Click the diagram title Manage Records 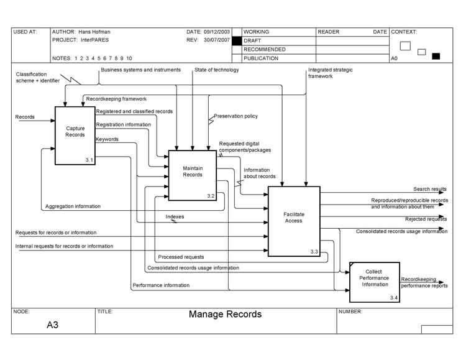pos(225,315)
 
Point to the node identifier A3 pos(52,324)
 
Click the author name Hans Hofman pos(94,32)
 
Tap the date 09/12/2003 pos(216,32)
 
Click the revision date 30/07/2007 pos(216,40)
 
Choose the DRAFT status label pos(253,40)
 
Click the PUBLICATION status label pos(261,58)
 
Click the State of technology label pos(216,70)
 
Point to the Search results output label pos(430,189)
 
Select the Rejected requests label pos(426,219)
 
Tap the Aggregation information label pos(73,206)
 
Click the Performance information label pos(161,285)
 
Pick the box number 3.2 pos(211,196)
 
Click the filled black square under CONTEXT pos(436,56)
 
